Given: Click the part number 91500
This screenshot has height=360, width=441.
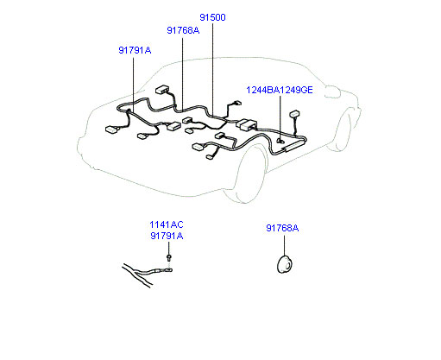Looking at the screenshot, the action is (x=212, y=17).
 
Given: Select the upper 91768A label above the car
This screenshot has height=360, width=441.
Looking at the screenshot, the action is (x=183, y=30).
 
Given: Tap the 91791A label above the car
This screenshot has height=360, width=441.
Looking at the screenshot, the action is (x=135, y=50).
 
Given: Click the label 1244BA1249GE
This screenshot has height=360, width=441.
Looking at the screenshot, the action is (x=280, y=90).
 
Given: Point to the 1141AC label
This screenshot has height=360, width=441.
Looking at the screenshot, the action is (x=167, y=224).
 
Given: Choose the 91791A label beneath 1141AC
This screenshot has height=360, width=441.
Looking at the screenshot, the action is (x=167, y=236).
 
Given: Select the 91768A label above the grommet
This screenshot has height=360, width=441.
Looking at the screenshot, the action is (x=282, y=228).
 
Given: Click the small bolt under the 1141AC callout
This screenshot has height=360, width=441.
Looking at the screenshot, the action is (x=169, y=257).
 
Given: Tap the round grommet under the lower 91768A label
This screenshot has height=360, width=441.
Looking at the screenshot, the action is (x=284, y=264).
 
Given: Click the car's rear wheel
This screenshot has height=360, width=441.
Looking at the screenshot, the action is (x=342, y=131).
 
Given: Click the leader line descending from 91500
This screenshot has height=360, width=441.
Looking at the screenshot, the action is (x=212, y=68).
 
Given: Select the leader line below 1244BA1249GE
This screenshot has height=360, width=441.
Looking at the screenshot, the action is (x=280, y=118).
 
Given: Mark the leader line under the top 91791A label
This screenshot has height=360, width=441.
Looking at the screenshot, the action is (x=133, y=85).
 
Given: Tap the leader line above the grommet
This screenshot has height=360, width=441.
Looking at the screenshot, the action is (x=284, y=245).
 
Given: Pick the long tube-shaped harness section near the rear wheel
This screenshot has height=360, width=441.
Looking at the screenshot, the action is (x=293, y=145).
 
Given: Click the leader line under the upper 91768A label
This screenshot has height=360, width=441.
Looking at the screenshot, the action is (x=182, y=73).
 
